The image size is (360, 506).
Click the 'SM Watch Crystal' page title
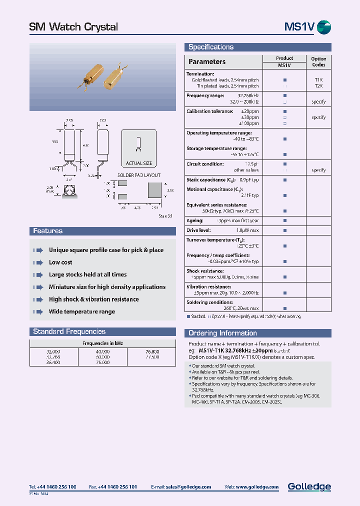(73, 27)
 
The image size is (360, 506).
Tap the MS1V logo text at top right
(299, 27)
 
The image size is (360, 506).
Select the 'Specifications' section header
(211, 47)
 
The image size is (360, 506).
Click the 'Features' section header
(48, 231)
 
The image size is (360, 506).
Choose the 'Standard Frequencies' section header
(69, 331)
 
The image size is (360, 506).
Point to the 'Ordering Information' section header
(222, 333)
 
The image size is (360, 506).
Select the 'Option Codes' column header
(318, 61)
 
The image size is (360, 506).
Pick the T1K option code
(318, 79)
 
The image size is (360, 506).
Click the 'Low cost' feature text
(60, 262)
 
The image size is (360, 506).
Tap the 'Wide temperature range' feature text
(82, 311)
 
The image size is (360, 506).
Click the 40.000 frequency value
(102, 351)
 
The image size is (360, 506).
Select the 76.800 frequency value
(151, 351)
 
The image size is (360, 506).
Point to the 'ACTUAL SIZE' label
(139, 163)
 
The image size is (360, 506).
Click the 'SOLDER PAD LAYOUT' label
(139, 175)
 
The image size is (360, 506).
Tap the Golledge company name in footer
(309, 486)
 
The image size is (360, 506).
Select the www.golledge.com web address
(258, 487)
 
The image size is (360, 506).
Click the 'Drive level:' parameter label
(199, 230)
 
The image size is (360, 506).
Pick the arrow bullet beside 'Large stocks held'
(38, 274)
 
